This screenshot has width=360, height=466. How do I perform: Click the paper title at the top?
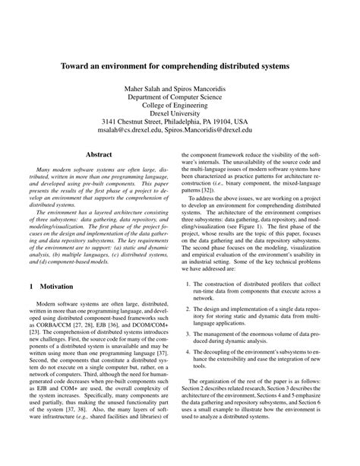[180, 67]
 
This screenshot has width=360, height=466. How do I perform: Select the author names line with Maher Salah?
[180, 90]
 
